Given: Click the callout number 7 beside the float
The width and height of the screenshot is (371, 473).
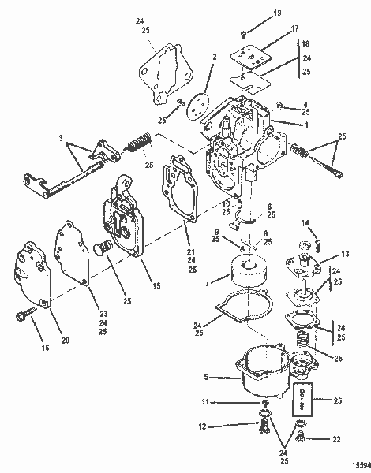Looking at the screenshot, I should [208, 281].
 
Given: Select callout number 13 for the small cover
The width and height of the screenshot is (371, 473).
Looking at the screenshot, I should [345, 254].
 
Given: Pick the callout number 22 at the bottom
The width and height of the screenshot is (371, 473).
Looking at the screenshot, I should [338, 439].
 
